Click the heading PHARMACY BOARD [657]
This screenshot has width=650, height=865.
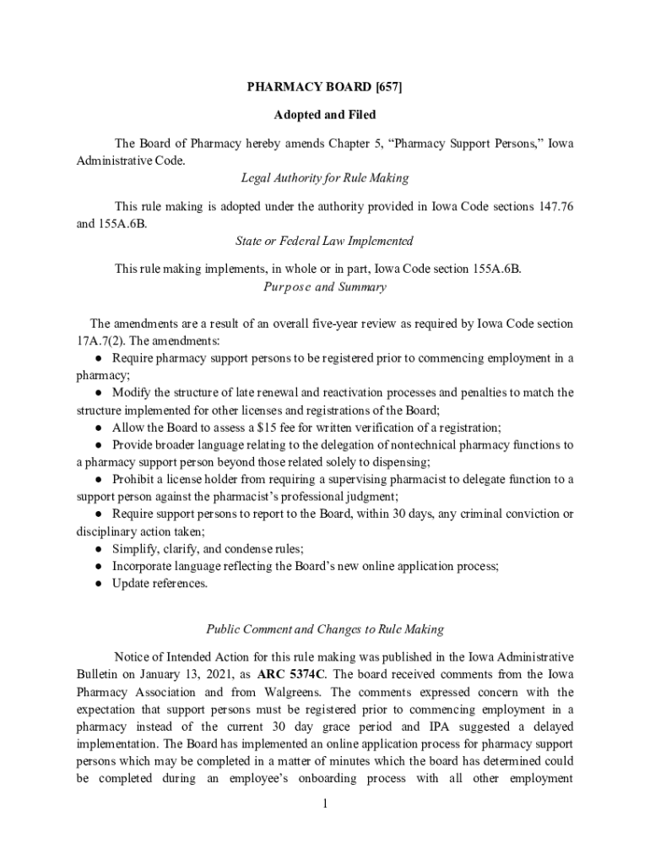(x=325, y=87)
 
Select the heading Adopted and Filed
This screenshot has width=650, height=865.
(x=325, y=114)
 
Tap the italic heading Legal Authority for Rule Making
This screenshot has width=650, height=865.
(x=325, y=178)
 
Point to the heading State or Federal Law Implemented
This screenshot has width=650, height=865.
(x=325, y=241)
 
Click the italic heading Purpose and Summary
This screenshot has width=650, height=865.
(x=325, y=287)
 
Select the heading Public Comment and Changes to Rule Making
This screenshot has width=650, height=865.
(x=325, y=629)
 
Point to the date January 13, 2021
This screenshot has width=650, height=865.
(x=165, y=674)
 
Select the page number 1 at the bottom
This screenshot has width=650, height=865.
(x=325, y=802)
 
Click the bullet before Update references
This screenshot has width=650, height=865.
(x=99, y=584)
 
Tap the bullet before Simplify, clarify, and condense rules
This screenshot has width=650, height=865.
(x=99, y=548)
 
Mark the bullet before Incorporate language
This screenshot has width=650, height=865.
(x=99, y=566)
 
